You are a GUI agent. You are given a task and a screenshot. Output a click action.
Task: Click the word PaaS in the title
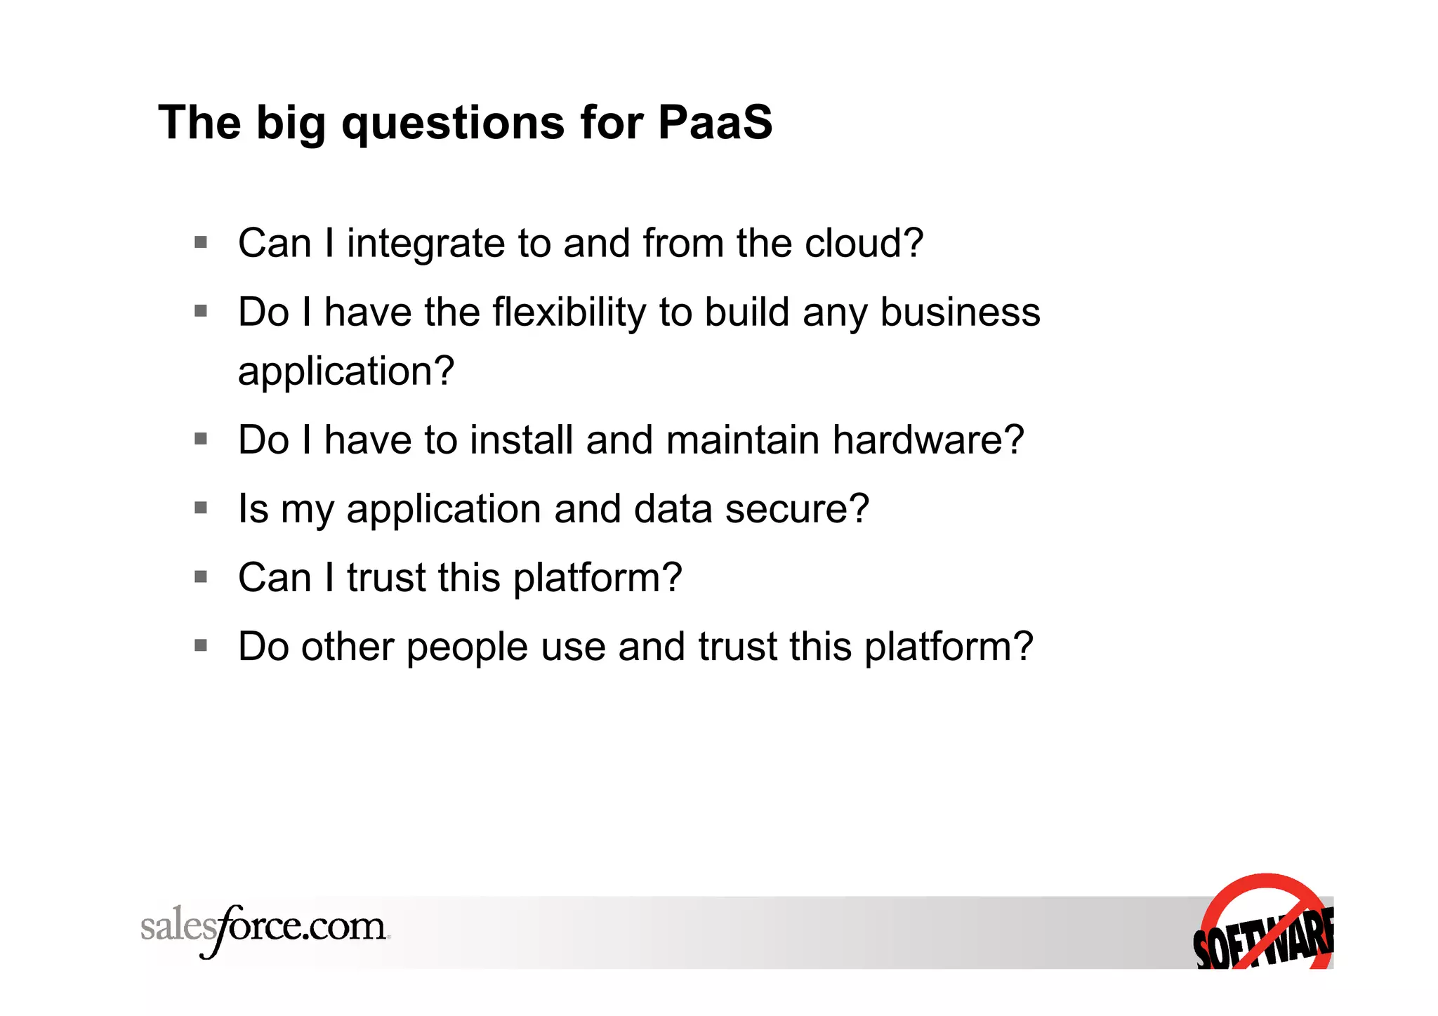pos(715,123)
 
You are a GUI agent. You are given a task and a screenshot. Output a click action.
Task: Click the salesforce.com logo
pos(265,929)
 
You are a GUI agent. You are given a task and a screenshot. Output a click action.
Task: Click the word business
pos(960,312)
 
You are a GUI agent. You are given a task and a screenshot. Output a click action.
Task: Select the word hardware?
pos(928,440)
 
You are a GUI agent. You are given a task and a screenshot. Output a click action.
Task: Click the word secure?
pos(797,508)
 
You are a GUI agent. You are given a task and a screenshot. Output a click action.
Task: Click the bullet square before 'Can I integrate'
pos(201,243)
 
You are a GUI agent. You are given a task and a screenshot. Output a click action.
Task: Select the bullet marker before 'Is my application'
pos(201,508)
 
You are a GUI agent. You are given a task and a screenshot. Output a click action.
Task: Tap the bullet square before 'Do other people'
pos(201,645)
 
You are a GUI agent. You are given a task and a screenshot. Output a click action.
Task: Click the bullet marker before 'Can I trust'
pos(201,576)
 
